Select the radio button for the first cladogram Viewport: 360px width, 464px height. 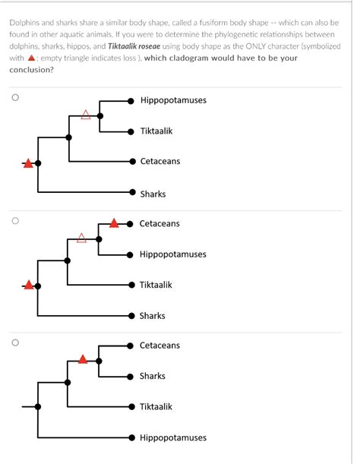(14, 98)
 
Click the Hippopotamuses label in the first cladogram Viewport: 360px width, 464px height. (173, 100)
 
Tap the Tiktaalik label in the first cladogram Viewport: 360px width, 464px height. (156, 131)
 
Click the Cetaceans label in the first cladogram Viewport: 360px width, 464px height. (160, 162)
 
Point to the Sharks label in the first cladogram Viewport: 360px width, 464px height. (153, 194)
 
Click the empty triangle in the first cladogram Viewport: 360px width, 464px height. (86, 115)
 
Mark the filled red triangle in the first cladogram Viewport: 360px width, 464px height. (28, 162)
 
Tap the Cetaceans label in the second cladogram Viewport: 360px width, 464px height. (159, 223)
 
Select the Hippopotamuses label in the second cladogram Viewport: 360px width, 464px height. (172, 254)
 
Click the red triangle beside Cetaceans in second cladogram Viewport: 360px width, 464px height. (114, 223)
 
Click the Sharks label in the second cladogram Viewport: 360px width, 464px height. (152, 316)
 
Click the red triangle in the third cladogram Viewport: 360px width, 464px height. (84, 358)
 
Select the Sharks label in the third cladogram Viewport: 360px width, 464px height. (152, 376)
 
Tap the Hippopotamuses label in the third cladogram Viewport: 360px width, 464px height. (172, 437)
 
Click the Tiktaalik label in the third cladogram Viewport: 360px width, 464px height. (156, 407)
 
